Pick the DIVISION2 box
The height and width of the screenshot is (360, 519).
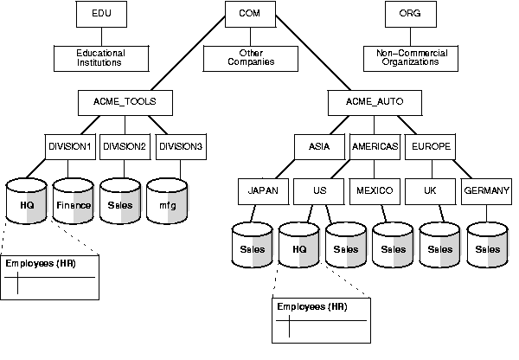[x=125, y=147]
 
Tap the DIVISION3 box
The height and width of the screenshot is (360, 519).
[x=180, y=147]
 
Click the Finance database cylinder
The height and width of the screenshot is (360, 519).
[x=74, y=203]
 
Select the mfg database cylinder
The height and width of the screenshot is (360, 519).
[x=167, y=203]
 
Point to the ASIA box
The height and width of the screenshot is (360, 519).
[x=320, y=147]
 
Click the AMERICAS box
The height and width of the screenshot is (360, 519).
[x=375, y=147]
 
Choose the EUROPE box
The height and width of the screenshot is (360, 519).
[x=430, y=147]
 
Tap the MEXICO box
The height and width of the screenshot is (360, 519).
[x=375, y=190]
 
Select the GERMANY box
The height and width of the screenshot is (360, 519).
[x=485, y=190]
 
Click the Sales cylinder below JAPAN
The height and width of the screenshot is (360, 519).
[x=253, y=247]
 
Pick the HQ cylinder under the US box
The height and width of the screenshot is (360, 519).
[x=299, y=247]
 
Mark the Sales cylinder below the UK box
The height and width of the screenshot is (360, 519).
[x=439, y=247]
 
